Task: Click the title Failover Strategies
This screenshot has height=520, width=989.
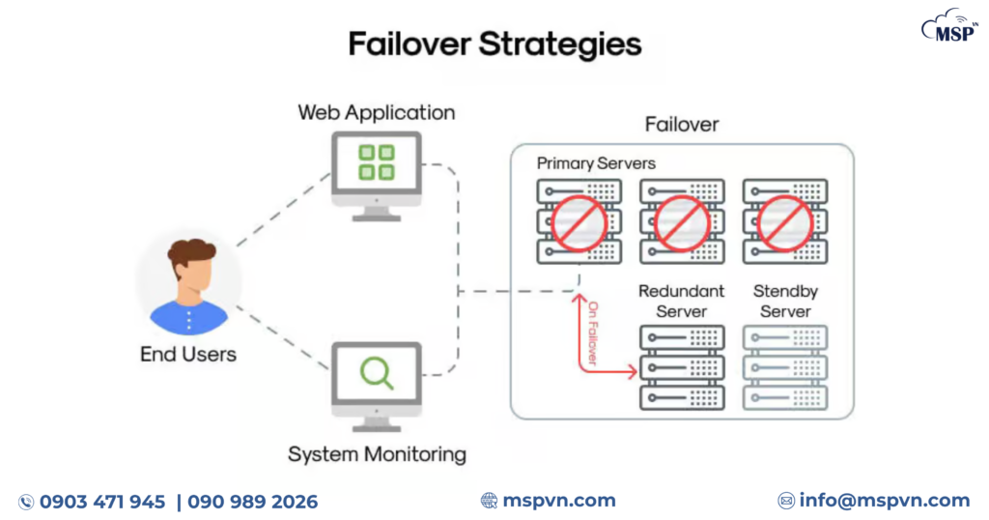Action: pos(494,44)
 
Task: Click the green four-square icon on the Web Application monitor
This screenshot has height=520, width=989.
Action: pos(376,162)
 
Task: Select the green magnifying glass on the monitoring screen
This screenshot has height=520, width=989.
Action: pos(376,373)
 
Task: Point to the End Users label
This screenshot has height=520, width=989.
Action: pos(188,355)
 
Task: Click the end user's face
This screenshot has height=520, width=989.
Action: pos(189,277)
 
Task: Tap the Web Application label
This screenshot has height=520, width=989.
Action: pos(376,112)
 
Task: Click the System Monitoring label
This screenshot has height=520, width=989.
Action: pos(377,453)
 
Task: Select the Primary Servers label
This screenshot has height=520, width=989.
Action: pos(596,163)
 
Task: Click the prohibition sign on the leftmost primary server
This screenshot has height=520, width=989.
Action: pos(579,222)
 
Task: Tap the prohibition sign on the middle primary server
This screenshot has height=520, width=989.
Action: pos(682,222)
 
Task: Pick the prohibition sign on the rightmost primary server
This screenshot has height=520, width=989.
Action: pos(784,222)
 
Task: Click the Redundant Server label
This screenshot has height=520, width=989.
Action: pos(681,301)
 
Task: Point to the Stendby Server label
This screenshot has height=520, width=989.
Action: pos(784,301)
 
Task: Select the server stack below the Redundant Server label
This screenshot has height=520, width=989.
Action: pos(681,367)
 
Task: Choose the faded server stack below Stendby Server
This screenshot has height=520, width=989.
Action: pos(784,367)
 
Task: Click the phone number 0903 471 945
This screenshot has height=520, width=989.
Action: pos(102,502)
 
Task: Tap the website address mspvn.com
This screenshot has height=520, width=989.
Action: pos(558,501)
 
